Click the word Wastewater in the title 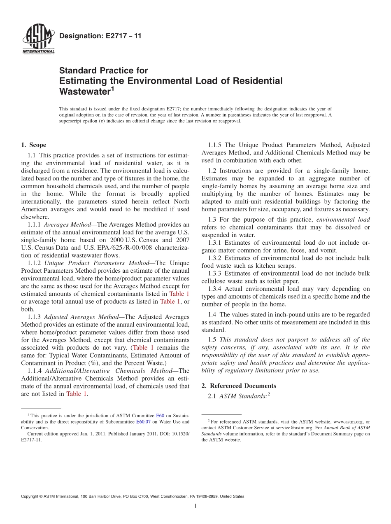pos(84,91)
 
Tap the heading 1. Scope pos(33,145)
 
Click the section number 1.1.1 pos(34,225)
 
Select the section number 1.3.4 pos(215,289)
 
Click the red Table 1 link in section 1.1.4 pos(77,393)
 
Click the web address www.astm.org pos(348,421)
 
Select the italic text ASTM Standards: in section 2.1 pos(243,396)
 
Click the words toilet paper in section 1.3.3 pos(283,281)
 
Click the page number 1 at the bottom pos(195,506)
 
